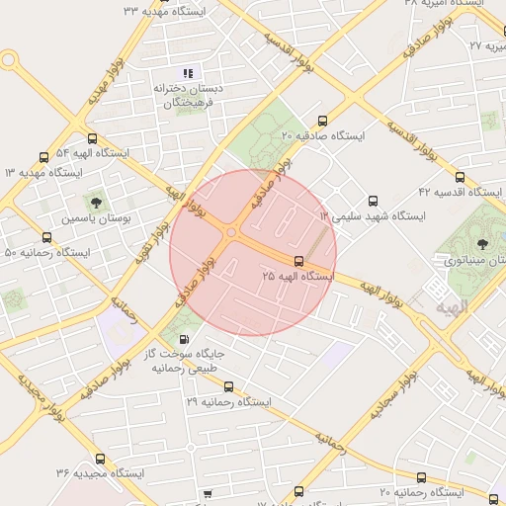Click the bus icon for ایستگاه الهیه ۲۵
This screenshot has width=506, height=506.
point(299,261)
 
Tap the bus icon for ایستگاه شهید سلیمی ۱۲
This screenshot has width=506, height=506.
point(373,199)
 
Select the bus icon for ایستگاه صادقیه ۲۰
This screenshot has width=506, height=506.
point(322,119)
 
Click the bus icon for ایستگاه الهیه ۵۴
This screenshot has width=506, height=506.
point(92,138)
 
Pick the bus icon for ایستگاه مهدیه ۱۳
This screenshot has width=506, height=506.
point(43,156)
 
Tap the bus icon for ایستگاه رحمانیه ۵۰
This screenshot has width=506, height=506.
point(46,237)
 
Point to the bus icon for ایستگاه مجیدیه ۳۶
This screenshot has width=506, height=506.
point(100,459)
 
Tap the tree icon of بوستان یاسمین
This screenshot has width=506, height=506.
point(96,201)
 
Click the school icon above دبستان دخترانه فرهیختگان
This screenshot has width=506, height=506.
point(188,72)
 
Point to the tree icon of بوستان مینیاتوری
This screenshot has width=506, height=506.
point(483,242)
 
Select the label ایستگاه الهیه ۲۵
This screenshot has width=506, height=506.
point(298,277)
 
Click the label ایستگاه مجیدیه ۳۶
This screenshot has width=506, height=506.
point(100,474)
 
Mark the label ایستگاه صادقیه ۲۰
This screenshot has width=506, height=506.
point(323,134)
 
